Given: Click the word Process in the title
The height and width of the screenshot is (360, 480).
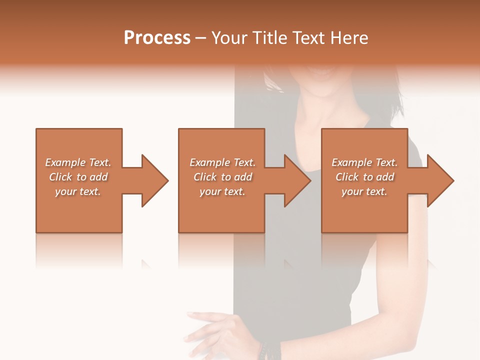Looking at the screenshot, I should [157, 38].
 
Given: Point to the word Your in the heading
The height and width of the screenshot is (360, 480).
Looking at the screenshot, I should [229, 38].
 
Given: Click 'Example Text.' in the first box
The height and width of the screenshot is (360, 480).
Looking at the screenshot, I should [78, 162].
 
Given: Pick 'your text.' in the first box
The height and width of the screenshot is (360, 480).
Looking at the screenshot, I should [78, 191].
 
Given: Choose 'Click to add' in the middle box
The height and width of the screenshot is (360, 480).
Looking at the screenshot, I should [222, 177].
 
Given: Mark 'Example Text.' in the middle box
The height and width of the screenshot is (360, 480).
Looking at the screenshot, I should [222, 162].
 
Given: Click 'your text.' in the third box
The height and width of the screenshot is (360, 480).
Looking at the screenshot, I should [364, 191].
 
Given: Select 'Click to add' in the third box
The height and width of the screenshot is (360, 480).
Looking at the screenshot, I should [364, 177].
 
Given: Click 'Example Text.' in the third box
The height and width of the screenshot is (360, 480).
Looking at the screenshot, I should [364, 162].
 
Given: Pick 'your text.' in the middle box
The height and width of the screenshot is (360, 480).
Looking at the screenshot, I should [222, 191].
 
